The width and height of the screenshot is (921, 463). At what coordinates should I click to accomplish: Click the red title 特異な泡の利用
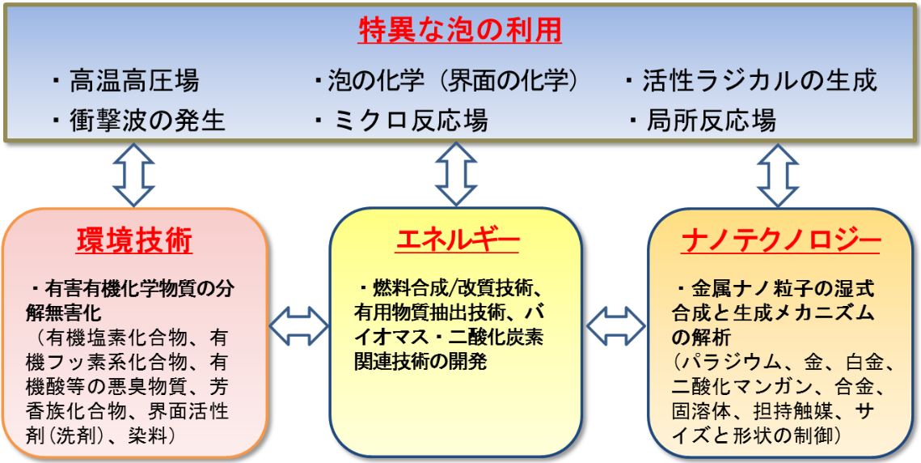[x=460, y=32]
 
